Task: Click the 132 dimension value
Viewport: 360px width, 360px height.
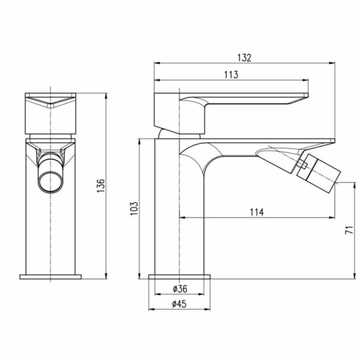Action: coord(244,58)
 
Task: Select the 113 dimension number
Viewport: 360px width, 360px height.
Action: coord(231,75)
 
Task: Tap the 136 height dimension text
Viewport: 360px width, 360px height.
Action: coord(101,185)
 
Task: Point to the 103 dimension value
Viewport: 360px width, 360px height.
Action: coord(134,208)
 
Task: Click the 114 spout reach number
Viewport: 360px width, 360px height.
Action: coord(257,212)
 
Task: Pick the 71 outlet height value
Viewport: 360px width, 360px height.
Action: coord(349,230)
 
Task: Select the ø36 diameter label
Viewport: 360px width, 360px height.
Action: coord(180,289)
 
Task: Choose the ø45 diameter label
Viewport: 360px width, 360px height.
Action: coord(179,304)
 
